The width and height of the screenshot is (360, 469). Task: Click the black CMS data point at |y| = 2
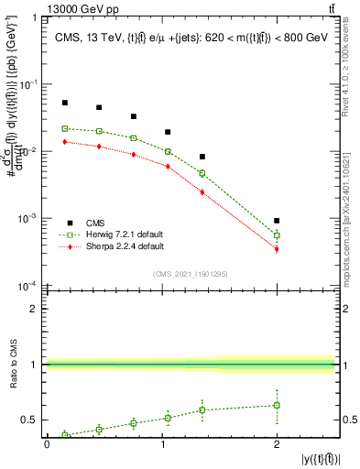click(x=277, y=221)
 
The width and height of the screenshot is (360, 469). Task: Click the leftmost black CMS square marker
click(x=64, y=103)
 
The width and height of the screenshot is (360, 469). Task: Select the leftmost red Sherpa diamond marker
click(x=64, y=142)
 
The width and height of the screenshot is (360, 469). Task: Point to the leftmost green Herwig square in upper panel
click(x=64, y=128)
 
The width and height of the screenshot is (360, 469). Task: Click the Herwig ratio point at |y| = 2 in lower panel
click(x=277, y=405)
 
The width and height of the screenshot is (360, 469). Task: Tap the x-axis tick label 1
click(x=161, y=443)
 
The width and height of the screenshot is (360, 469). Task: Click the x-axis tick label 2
click(x=277, y=443)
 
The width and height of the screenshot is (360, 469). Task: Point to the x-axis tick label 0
click(x=47, y=443)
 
